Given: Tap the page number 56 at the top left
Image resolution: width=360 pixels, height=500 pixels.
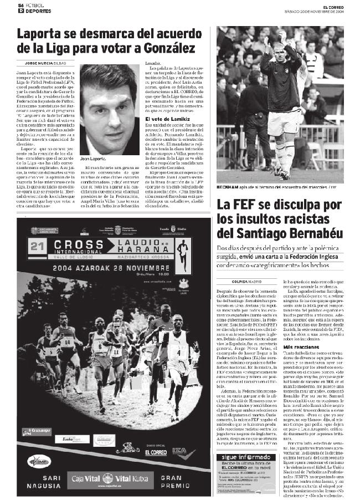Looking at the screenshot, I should click(20, 4).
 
